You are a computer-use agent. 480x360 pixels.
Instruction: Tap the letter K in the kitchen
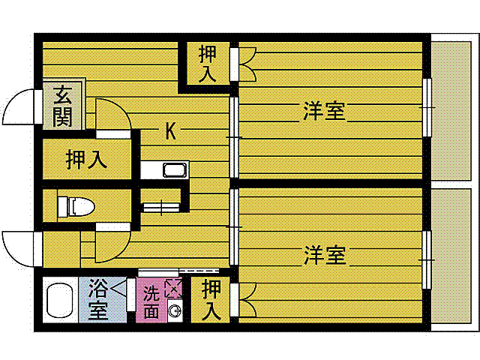coord(170,132)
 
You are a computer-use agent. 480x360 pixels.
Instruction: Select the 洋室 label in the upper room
coord(324,112)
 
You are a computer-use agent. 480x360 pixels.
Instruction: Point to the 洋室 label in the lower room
coord(324,255)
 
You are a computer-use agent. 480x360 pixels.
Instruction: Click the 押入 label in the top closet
coord(208,63)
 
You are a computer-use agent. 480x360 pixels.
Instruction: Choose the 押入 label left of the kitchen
coord(86,159)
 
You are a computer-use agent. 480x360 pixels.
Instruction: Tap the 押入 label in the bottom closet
coord(211,299)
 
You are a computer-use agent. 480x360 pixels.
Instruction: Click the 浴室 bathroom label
coord(98,298)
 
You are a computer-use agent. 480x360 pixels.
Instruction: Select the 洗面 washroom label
coord(151,301)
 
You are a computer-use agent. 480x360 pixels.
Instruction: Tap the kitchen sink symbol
coord(173,170)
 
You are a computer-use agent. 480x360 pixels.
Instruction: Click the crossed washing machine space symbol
coord(173,287)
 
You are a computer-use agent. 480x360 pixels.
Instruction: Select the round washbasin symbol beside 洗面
coord(174,310)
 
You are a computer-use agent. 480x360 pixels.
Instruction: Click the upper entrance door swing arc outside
coord(18,109)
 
